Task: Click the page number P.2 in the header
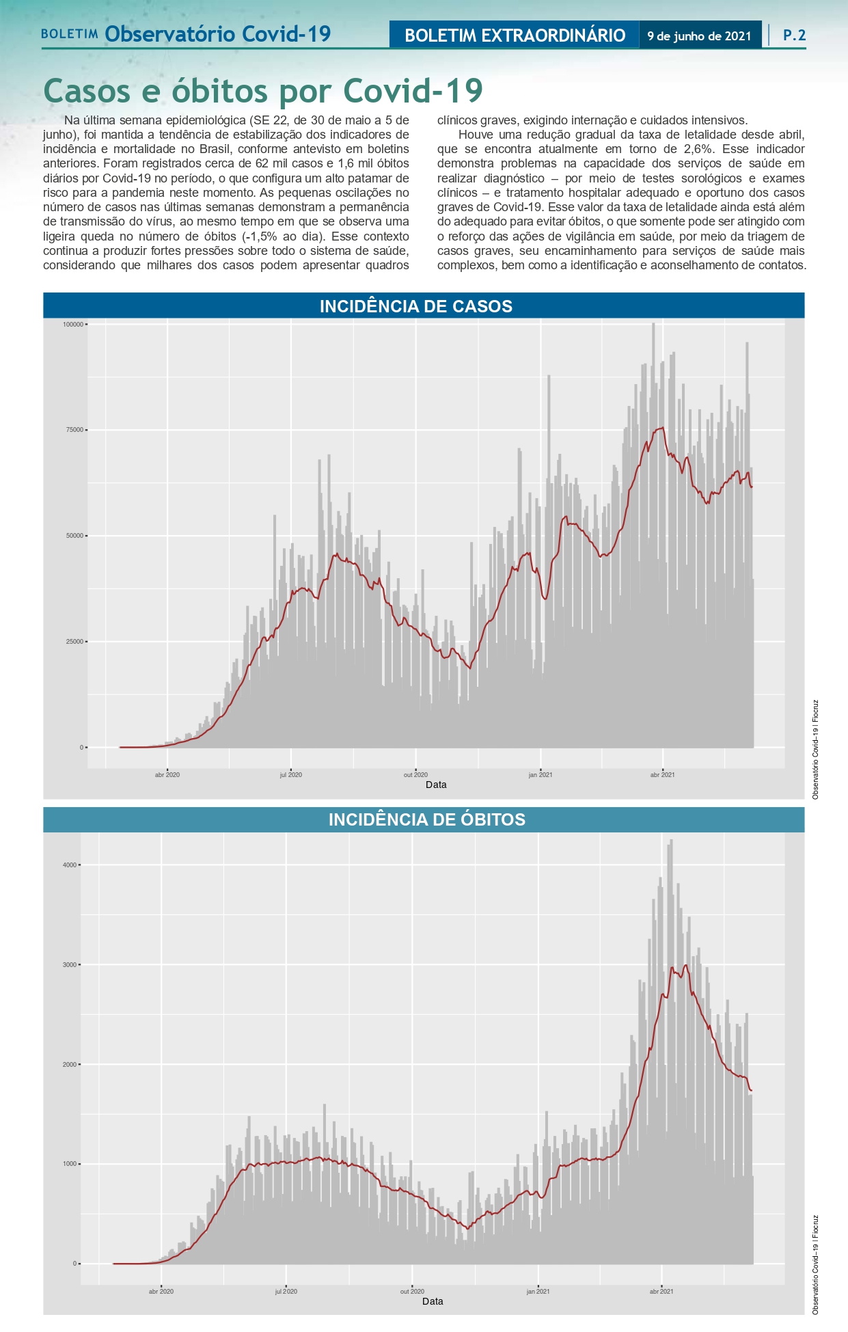794,36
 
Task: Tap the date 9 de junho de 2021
699,36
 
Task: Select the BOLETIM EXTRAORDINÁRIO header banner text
515,36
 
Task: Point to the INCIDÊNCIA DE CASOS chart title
415,306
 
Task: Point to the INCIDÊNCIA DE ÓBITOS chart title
426,819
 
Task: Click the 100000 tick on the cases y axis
73,324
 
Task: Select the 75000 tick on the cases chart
74,430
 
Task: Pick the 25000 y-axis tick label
74,642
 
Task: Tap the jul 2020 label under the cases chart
290,774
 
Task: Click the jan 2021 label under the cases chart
540,774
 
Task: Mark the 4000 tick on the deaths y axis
70,865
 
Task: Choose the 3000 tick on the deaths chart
70,965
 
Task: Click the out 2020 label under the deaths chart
412,1291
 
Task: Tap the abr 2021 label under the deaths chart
661,1291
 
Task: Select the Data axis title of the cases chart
436,785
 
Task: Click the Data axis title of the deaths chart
433,1301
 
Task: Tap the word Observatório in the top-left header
171,34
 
